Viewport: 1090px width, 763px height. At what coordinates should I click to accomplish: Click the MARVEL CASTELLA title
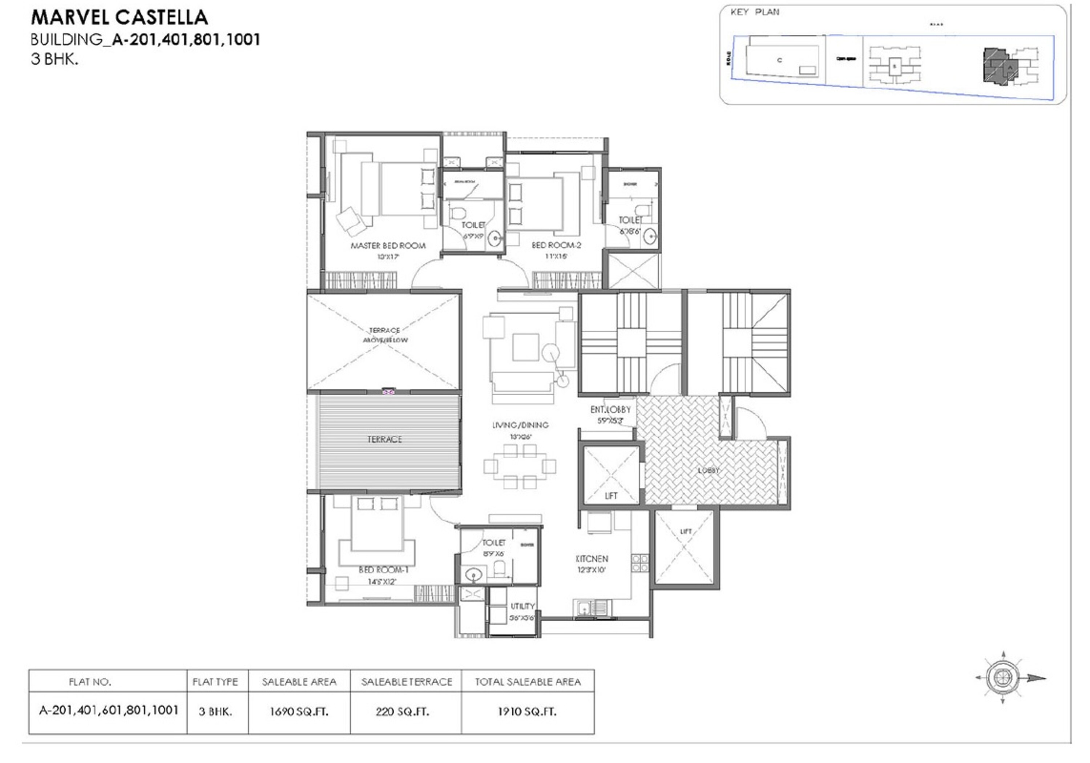(x=119, y=17)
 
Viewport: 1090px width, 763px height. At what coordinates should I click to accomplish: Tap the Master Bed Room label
(x=388, y=246)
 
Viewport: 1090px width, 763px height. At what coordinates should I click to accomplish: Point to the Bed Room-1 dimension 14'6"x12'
(x=382, y=581)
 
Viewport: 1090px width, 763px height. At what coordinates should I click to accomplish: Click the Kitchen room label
(x=592, y=559)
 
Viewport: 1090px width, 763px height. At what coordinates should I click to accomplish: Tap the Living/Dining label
(x=520, y=425)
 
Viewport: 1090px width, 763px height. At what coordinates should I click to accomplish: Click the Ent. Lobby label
(x=610, y=409)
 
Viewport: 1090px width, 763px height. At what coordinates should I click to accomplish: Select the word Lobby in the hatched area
(x=708, y=470)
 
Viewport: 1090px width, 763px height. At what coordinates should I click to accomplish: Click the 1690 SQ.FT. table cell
(x=299, y=711)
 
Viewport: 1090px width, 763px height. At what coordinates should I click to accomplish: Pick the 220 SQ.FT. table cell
(x=402, y=711)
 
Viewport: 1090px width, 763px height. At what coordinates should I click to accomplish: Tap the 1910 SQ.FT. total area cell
(x=527, y=711)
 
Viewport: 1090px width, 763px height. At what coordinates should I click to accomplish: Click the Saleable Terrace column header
(x=406, y=682)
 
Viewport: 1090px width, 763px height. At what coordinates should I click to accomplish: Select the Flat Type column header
(x=215, y=682)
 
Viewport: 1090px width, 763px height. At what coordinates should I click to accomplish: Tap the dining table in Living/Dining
(x=520, y=466)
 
